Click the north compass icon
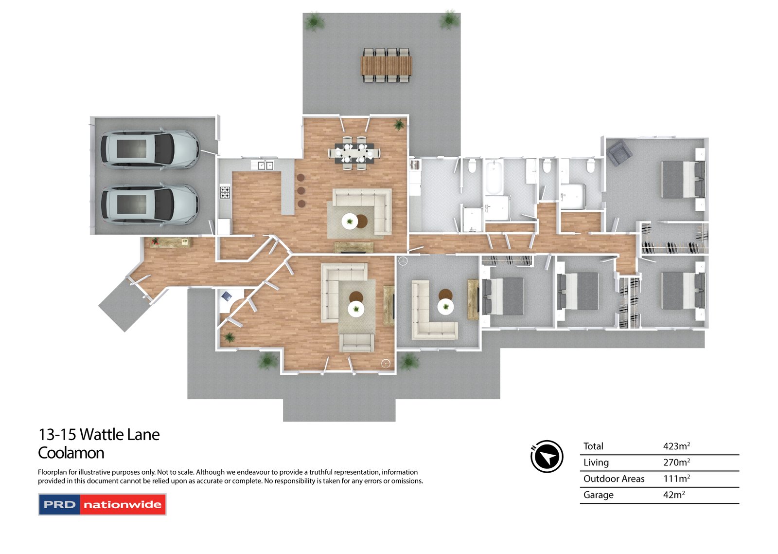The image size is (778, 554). (x=547, y=456)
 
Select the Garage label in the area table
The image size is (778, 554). (x=598, y=495)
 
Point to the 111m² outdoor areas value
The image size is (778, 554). (x=676, y=479)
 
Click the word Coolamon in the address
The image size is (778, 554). (x=71, y=453)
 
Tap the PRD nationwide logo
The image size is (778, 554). (x=102, y=504)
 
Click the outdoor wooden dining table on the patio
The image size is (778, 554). (x=386, y=65)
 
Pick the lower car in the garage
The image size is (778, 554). (x=150, y=204)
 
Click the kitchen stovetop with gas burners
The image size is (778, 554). (x=225, y=192)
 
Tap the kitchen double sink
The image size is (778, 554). (x=265, y=165)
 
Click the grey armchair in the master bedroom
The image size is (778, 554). (x=619, y=152)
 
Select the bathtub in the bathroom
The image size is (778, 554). (x=493, y=177)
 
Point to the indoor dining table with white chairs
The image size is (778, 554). (x=354, y=153)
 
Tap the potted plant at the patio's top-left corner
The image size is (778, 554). (x=314, y=21)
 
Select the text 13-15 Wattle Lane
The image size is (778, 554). (x=99, y=435)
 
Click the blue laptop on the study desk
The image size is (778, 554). (x=227, y=296)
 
